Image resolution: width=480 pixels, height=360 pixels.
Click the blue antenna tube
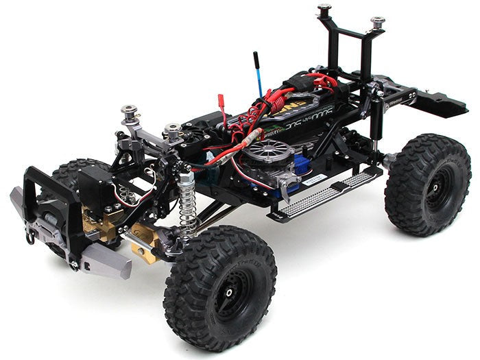259,75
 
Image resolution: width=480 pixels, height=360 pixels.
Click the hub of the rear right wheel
429,184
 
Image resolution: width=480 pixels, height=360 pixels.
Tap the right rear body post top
377,23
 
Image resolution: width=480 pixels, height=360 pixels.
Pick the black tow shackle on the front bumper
31,237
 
